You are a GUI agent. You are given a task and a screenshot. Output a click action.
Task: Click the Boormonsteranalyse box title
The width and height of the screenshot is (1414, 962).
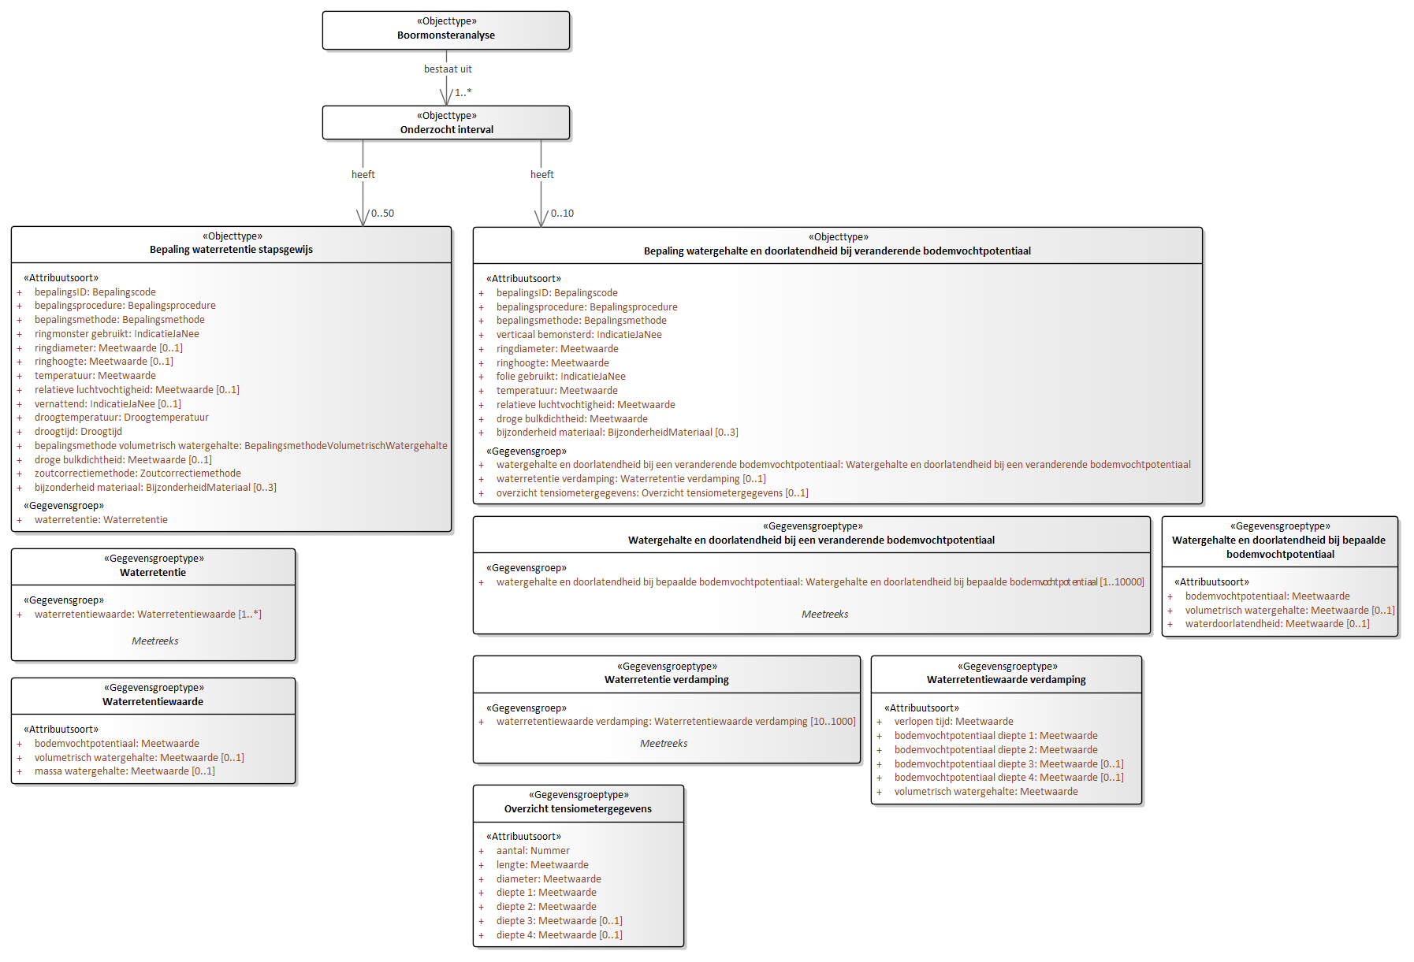coord(446,35)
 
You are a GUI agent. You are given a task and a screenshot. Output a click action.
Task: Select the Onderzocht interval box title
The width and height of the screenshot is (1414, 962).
coord(447,130)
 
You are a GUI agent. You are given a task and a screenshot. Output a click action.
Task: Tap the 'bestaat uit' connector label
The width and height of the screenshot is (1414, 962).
coord(448,69)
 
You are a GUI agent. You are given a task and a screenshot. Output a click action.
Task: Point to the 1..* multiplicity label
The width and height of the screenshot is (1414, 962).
coord(463,92)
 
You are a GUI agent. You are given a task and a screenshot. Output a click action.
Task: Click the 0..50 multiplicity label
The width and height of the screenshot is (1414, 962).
coord(382,214)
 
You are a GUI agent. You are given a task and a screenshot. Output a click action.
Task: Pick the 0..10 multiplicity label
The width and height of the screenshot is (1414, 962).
coord(562,214)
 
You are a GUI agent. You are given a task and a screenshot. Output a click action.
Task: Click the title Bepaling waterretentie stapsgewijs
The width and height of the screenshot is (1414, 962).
coord(232,250)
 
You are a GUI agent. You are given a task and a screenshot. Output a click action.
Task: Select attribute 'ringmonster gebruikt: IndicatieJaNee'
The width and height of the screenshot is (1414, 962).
coord(117,334)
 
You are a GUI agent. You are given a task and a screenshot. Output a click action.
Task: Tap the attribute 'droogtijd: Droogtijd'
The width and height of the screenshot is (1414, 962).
coord(78,432)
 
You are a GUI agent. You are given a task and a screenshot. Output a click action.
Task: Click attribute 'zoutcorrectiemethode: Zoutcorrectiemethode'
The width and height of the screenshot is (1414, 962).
coord(138,474)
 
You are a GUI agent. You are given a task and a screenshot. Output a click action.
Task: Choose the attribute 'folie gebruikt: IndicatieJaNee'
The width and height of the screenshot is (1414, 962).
coord(561,377)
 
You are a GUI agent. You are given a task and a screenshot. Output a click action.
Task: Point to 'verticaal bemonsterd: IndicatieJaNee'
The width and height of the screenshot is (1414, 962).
coord(579,335)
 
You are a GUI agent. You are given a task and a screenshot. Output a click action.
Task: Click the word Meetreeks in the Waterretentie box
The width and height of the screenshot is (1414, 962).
coord(155,641)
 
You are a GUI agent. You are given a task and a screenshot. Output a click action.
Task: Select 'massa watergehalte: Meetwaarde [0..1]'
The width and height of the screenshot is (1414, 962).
coord(125,771)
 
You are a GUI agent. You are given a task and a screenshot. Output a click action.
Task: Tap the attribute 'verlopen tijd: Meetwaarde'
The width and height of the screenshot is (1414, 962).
coord(954,722)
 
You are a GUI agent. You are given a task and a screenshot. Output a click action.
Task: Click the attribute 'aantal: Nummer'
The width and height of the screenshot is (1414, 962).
coord(533,851)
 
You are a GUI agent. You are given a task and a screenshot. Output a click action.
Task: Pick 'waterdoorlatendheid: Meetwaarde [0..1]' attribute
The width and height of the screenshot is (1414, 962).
coord(1278,624)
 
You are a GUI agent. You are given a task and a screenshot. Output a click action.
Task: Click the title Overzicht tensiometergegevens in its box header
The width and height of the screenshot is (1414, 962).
coord(579,809)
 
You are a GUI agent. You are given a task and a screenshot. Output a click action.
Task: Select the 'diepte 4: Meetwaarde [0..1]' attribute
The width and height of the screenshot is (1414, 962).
coord(560,935)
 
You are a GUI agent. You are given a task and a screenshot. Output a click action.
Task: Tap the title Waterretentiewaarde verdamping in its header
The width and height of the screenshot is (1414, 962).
coord(1007,680)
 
